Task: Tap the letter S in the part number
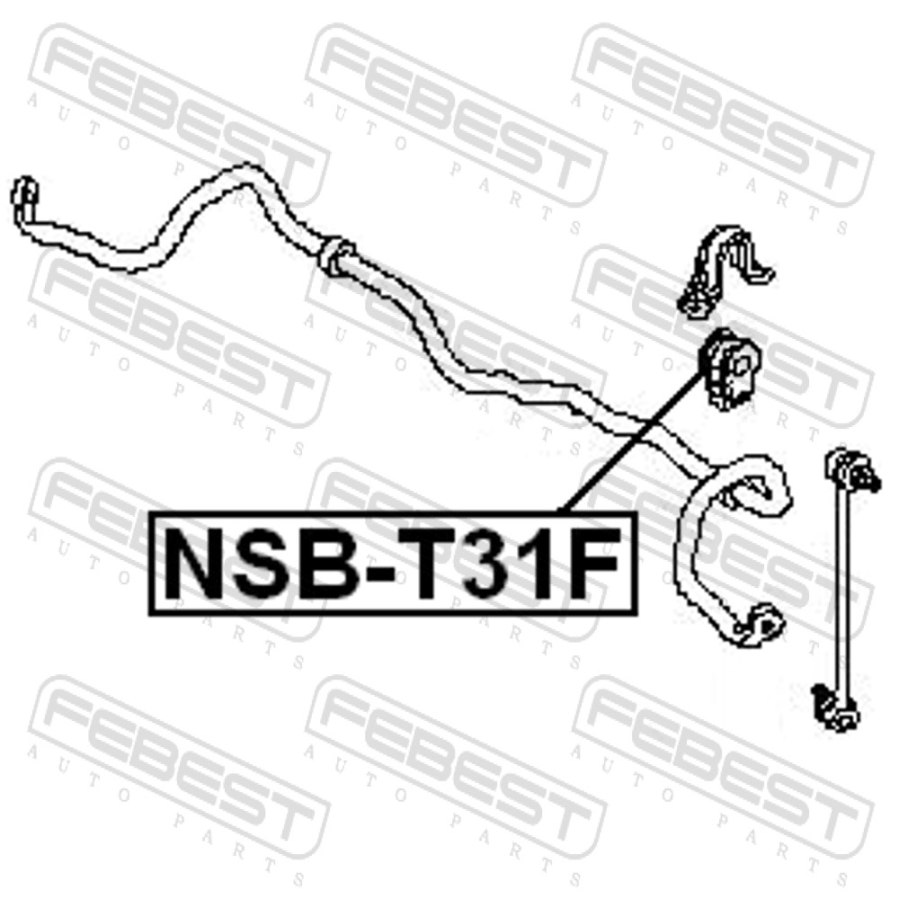tap(254, 565)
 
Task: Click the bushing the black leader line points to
tap(728, 369)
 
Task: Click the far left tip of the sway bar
tap(23, 198)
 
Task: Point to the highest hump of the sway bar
tap(244, 171)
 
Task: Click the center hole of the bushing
tap(740, 368)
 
